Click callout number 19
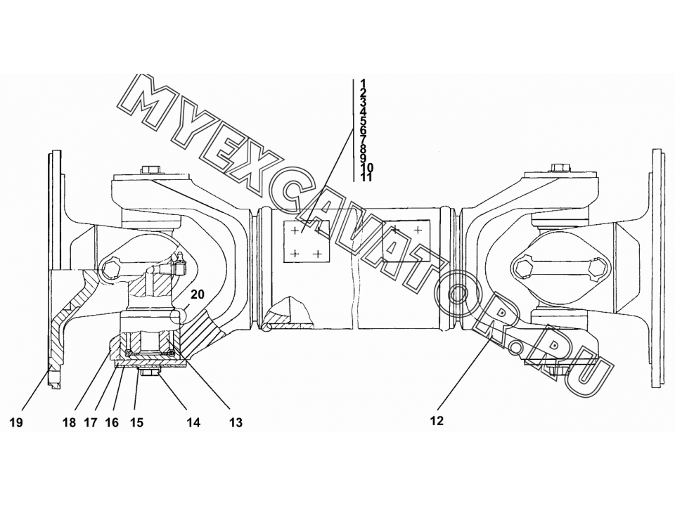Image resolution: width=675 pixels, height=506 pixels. (16, 422)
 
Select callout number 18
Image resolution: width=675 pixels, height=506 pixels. (69, 422)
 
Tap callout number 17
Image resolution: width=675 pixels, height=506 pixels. (91, 422)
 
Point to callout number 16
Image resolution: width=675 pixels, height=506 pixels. (112, 422)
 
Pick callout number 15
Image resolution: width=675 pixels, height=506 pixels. (136, 422)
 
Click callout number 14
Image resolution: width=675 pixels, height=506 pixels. (194, 422)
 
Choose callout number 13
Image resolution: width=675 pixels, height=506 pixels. (236, 422)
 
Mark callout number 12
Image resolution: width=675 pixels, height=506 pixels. (437, 421)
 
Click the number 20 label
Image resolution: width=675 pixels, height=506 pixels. (198, 294)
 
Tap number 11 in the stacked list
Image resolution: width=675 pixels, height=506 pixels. (366, 177)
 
